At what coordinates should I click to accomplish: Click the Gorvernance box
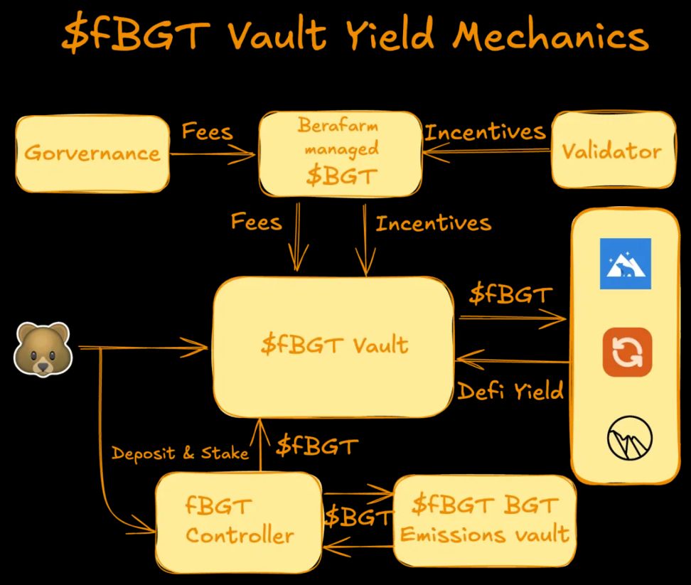(92, 153)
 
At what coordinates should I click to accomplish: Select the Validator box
(612, 150)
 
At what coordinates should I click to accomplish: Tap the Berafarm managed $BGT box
(338, 152)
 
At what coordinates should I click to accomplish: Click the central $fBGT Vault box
(334, 345)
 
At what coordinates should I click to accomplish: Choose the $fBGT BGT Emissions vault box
(484, 520)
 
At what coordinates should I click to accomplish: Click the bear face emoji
(43, 348)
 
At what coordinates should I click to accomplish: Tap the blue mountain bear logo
(625, 263)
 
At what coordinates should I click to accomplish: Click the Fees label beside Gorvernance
(207, 132)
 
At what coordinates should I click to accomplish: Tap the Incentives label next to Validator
(485, 132)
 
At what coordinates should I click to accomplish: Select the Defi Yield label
(510, 390)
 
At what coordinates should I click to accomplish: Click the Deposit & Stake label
(180, 453)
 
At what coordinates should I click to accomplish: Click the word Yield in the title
(391, 36)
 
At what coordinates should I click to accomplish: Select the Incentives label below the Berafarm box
(433, 224)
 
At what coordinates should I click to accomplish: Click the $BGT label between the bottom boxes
(358, 517)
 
